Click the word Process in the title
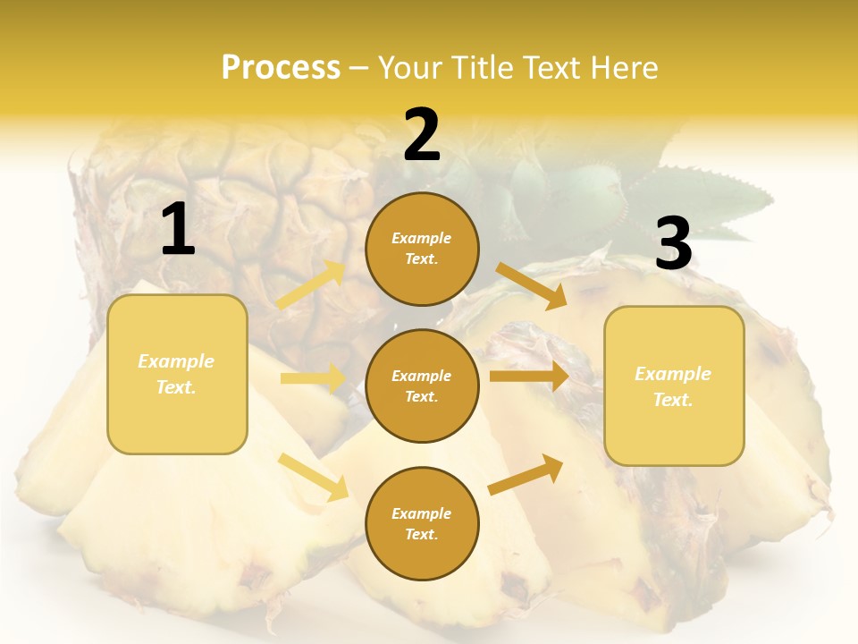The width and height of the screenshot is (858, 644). click(281, 68)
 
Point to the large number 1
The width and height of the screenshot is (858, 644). click(178, 230)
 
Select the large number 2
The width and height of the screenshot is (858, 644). click(422, 135)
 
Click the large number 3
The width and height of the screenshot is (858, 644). click(673, 244)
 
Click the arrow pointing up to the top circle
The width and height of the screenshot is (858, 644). click(311, 285)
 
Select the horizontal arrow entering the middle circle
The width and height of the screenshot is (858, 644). click(313, 378)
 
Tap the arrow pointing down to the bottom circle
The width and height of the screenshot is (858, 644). click(314, 476)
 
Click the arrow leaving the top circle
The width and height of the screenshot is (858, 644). click(532, 285)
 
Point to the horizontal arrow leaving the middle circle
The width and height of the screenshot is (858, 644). click(529, 377)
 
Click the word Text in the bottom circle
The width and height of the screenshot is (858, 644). click(421, 535)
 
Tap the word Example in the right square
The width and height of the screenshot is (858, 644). click(673, 374)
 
